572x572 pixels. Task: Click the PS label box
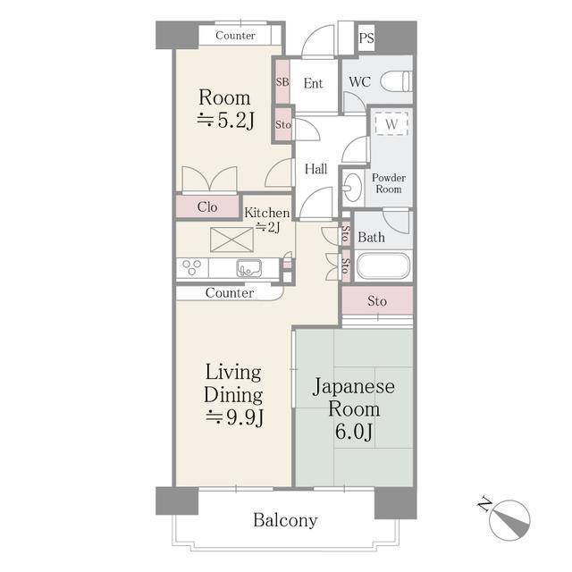click(x=366, y=38)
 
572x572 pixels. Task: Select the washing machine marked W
click(x=391, y=124)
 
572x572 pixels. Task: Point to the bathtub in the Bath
click(x=383, y=266)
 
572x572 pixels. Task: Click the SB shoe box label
click(x=282, y=82)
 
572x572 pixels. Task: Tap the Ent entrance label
click(x=313, y=83)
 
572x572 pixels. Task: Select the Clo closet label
click(x=207, y=206)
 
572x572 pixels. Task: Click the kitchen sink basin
click(x=248, y=267)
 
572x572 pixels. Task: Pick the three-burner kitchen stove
click(x=191, y=267)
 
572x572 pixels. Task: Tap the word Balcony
click(x=285, y=520)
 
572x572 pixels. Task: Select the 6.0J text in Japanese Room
click(x=355, y=434)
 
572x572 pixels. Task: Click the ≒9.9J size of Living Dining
click(x=234, y=417)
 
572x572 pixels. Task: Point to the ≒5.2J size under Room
click(x=225, y=122)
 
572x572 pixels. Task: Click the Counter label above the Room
click(x=235, y=36)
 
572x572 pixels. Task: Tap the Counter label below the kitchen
click(x=229, y=293)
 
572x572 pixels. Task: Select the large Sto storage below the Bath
click(x=377, y=301)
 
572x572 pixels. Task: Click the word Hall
click(x=315, y=169)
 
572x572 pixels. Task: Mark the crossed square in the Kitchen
click(x=231, y=240)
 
